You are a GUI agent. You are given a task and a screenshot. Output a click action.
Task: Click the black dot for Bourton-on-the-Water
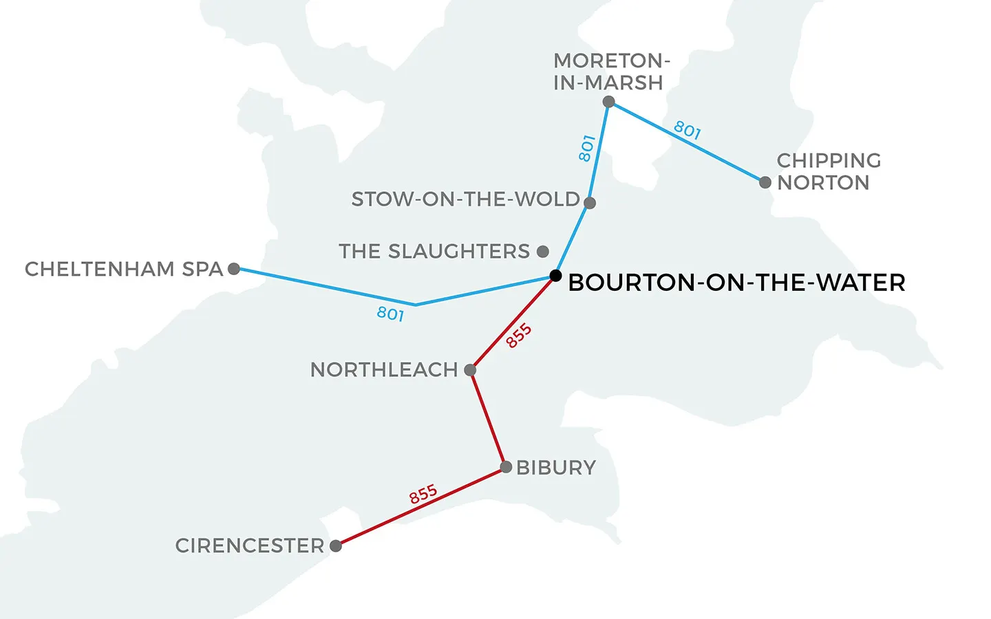(x=555, y=276)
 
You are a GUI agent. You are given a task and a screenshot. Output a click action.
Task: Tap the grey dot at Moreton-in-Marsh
(x=608, y=102)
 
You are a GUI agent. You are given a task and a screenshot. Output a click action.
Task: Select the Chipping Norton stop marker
(x=765, y=182)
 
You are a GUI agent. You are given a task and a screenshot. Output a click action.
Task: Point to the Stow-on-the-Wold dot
(x=590, y=203)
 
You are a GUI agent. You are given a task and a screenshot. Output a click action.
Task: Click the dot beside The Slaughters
(x=543, y=252)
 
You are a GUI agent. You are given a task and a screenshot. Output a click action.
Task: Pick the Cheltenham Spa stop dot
(x=234, y=269)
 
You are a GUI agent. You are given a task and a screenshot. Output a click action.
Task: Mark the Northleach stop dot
(x=470, y=370)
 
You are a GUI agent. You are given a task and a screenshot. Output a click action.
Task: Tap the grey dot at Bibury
(x=506, y=467)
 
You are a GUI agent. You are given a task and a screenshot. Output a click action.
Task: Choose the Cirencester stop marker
(x=336, y=546)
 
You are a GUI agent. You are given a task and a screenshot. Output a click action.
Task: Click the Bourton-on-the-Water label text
(x=736, y=283)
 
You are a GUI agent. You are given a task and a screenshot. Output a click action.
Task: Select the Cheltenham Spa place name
(x=124, y=269)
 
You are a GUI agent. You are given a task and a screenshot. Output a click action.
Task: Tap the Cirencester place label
(x=249, y=546)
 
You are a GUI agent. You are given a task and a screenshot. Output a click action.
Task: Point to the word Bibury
(x=556, y=468)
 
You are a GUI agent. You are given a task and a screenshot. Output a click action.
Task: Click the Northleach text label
(x=384, y=370)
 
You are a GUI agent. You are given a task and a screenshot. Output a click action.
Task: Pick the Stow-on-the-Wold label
(x=465, y=199)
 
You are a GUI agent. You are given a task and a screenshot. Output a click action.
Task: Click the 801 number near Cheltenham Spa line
(x=390, y=314)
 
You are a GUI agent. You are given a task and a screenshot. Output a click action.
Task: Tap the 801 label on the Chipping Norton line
(x=687, y=130)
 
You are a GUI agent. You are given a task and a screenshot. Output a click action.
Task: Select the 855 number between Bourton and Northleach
(x=519, y=336)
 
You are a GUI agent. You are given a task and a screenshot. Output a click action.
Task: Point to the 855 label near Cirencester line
(x=423, y=494)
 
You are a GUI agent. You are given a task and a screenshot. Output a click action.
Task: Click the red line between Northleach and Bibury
(x=488, y=418)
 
